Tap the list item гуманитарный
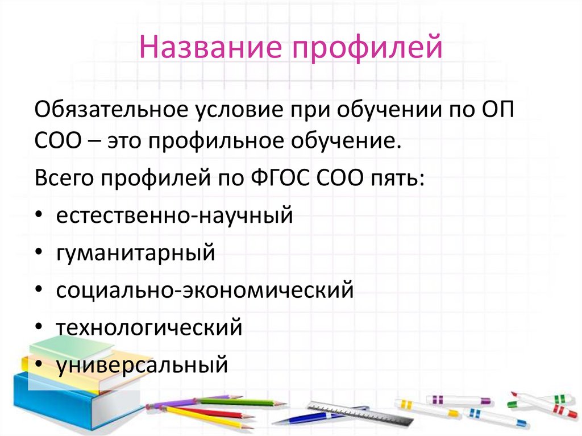pyautogui.click(x=135, y=253)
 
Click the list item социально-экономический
pyautogui.click(x=205, y=290)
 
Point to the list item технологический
pyautogui.click(x=149, y=328)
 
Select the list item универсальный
pyautogui.click(x=142, y=364)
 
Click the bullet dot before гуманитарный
pyautogui.click(x=38, y=254)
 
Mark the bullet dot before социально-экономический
pyautogui.click(x=38, y=290)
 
